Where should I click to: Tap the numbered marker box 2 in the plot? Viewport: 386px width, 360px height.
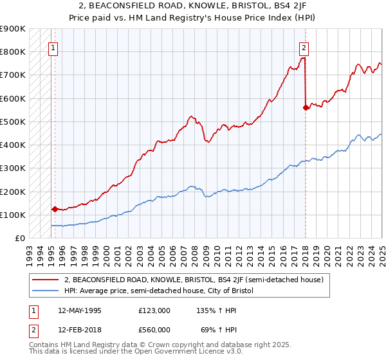pos(303,47)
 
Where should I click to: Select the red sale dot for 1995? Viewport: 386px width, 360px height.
pos(55,209)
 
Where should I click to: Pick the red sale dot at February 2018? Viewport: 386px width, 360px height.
pos(306,108)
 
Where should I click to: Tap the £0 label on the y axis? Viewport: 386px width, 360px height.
pos(21,238)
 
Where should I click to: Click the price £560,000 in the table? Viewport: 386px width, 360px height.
pos(154,329)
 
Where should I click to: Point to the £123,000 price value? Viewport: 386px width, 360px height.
pos(154,310)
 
